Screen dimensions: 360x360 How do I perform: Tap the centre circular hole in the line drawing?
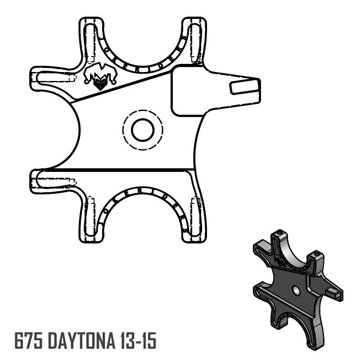point(143,130)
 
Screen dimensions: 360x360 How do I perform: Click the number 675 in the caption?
point(28,341)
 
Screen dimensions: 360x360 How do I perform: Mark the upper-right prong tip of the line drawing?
point(194,22)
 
